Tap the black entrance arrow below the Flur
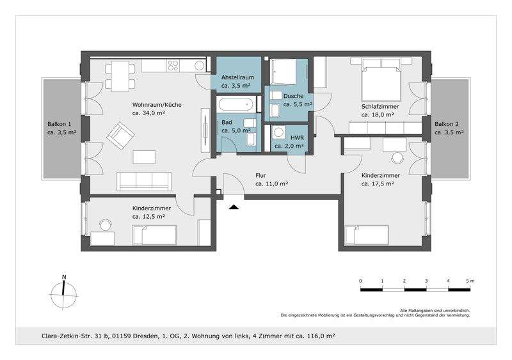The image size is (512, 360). point(234,206)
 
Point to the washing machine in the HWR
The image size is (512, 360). point(279,133)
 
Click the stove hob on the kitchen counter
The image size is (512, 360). point(174,65)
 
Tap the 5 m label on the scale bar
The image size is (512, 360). point(470,281)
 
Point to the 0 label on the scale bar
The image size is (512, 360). point(360,281)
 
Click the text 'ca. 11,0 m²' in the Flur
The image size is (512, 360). point(271,184)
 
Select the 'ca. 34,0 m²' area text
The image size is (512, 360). point(148,113)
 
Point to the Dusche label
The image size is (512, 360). point(294,95)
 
